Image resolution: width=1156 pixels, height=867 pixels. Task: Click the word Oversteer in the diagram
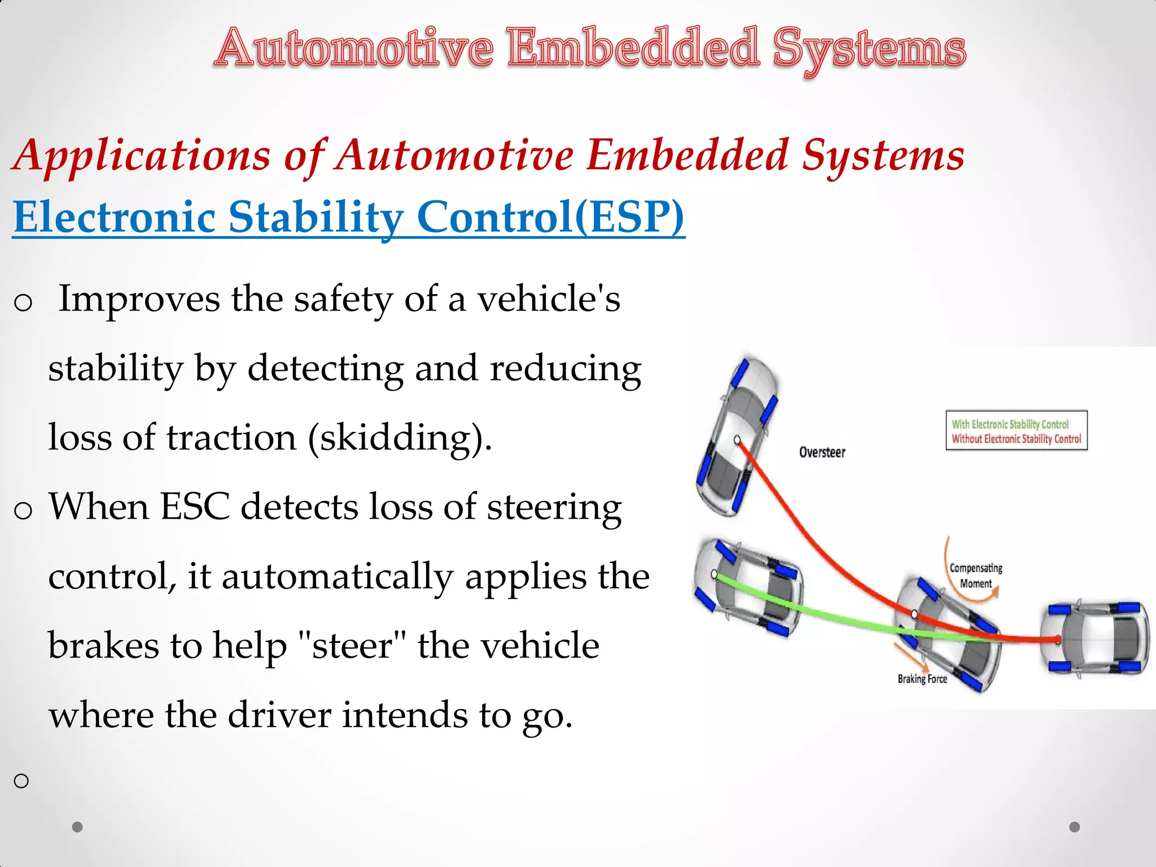tap(822, 452)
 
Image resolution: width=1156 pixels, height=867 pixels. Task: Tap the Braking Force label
tap(922, 678)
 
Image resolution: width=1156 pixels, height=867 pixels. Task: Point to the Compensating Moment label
tap(976, 575)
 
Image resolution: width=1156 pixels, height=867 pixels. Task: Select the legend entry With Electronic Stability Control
tap(1010, 424)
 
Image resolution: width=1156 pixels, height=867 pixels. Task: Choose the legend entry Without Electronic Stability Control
tap(1016, 439)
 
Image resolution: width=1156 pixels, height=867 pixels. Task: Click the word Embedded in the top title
tap(632, 48)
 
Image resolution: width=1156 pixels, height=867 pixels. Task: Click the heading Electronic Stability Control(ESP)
tap(348, 217)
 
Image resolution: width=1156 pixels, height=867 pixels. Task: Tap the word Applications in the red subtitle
tap(142, 155)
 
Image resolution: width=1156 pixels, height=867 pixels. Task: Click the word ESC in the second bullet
tap(195, 506)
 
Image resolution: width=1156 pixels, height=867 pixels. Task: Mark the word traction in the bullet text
tap(231, 438)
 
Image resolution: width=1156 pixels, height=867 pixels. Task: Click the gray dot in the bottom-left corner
tap(77, 827)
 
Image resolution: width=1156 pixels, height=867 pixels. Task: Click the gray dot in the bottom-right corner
tap(1075, 827)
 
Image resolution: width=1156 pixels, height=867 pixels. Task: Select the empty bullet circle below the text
tap(21, 781)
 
